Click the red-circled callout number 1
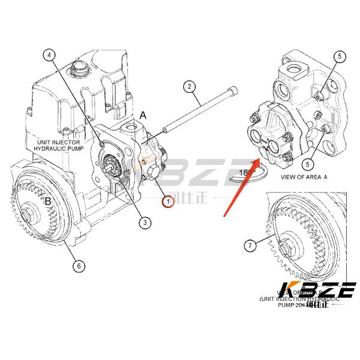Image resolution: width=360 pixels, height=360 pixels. click(x=168, y=203)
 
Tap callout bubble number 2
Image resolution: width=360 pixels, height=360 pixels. click(x=189, y=87)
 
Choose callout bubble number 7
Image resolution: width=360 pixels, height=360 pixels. click(x=249, y=245)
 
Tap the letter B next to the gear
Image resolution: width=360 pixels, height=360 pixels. click(x=46, y=201)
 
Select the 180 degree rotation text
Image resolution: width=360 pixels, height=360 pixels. click(x=247, y=173)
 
